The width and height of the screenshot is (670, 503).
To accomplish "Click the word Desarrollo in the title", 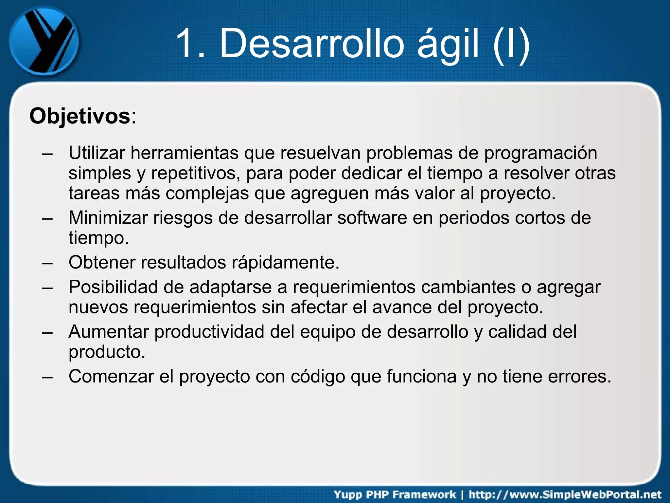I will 312,44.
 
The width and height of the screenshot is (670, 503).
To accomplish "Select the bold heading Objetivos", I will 80,116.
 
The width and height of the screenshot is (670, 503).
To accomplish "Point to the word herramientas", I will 185,153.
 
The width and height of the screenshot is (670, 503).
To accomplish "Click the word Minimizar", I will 108,218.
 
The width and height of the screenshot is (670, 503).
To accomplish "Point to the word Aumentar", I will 109,332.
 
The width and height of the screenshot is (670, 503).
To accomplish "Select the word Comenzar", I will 111,376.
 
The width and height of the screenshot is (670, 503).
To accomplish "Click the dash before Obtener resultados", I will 47,263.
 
